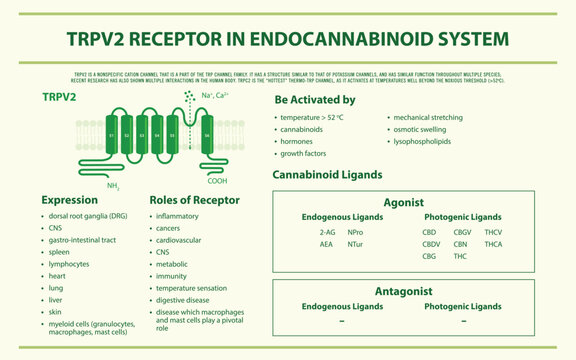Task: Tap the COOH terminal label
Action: click(217, 181)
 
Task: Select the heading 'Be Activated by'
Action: click(314, 100)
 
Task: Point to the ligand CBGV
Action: click(462, 231)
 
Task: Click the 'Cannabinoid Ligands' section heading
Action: click(327, 174)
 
